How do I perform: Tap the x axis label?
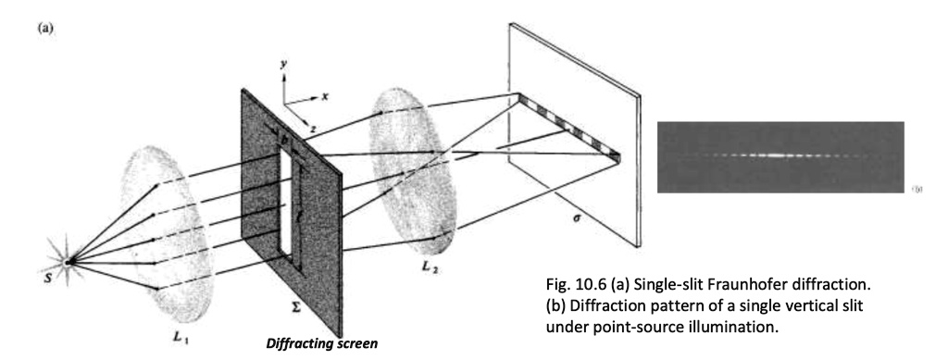(326, 95)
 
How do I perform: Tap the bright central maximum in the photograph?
(776, 155)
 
